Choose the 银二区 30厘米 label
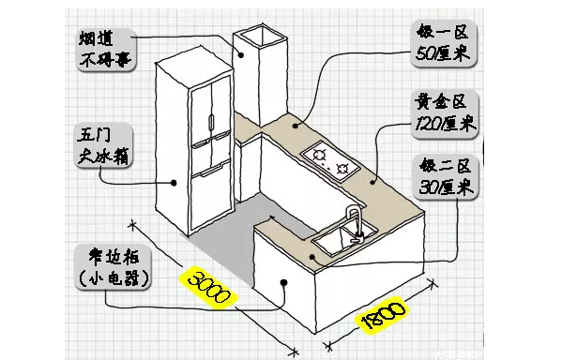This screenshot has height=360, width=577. pos(448,176)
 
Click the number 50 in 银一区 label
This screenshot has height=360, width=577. pos(428,53)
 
